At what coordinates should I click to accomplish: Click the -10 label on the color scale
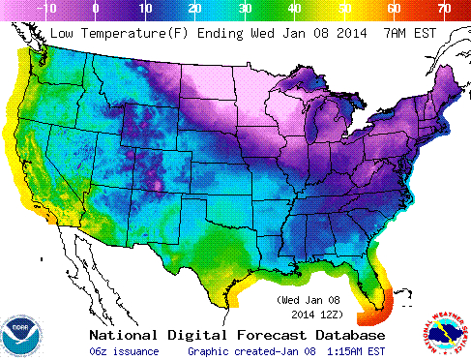[x=46, y=8]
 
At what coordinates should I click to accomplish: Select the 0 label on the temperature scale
[x=95, y=8]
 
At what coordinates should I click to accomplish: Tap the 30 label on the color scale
[x=245, y=8]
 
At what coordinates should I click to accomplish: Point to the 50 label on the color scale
[x=344, y=8]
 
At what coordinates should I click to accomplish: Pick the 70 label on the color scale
[x=444, y=8]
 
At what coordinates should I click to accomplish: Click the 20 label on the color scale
[x=194, y=8]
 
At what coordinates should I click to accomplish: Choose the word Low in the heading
[x=61, y=33]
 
